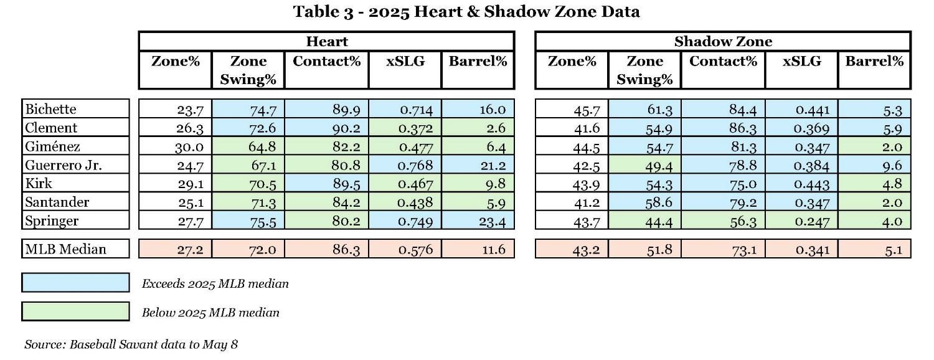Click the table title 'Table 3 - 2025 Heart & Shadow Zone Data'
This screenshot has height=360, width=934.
[x=466, y=11]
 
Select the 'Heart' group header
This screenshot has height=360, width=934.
[x=326, y=42]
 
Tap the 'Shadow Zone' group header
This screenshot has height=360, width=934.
[x=723, y=42]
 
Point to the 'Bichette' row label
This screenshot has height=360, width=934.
[x=50, y=109]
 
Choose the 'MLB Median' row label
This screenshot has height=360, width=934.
[x=65, y=249]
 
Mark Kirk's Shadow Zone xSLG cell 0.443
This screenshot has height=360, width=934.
[x=811, y=184]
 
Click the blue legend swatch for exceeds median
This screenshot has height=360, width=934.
[x=75, y=283]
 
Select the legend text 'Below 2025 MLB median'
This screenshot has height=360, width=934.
[x=210, y=313]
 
